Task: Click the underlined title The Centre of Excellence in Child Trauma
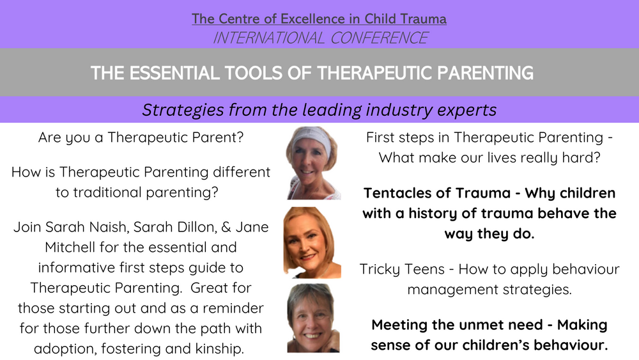pos(319,19)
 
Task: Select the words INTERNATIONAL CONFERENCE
pos(319,38)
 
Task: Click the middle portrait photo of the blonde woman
pos(309,242)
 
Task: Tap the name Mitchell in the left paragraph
pos(70,247)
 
